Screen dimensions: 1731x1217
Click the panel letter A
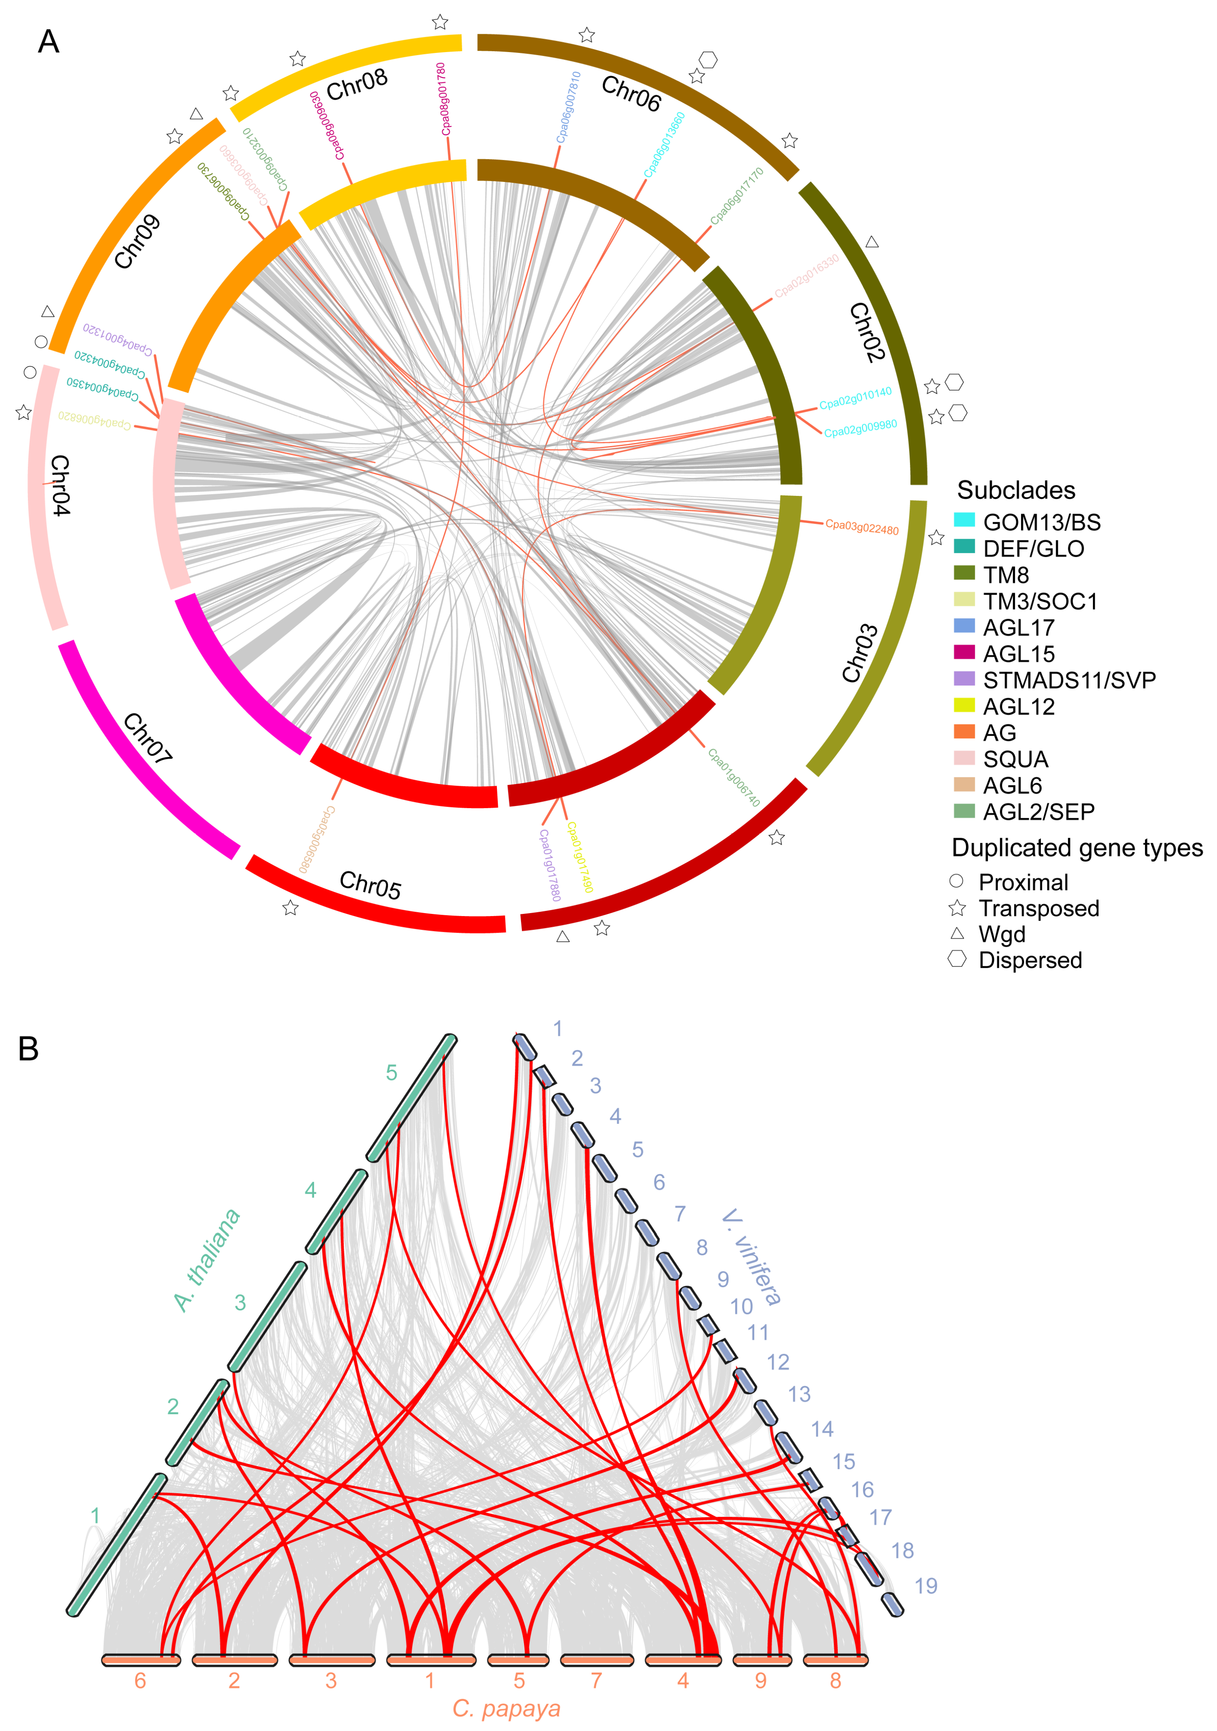[x=48, y=41]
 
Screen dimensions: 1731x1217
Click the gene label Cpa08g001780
[x=443, y=99]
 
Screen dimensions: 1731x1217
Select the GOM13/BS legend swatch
[x=963, y=520]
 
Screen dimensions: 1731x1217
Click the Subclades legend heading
[x=1016, y=490]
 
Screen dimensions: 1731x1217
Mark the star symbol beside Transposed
[x=957, y=908]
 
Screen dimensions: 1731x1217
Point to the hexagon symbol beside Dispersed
[x=957, y=959]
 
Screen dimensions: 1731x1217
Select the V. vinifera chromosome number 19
[x=925, y=1586]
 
